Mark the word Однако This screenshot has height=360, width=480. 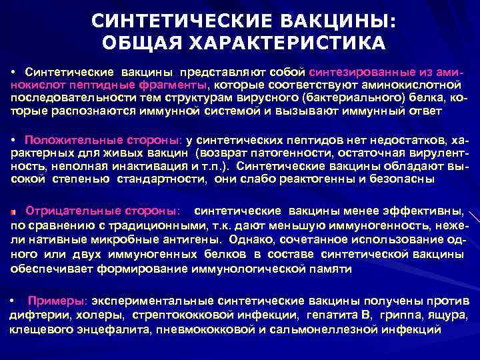pos(254,239)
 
